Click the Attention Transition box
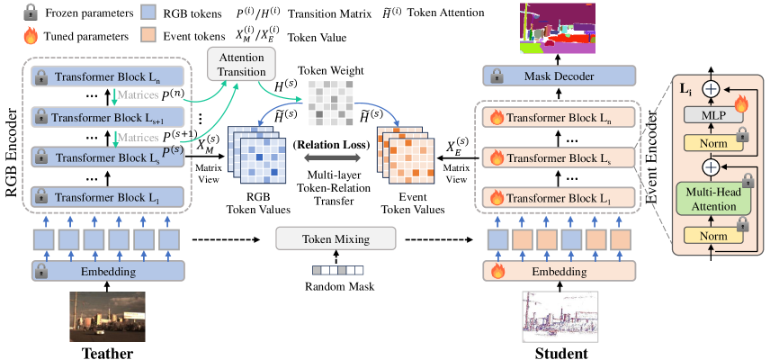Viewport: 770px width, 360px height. pyautogui.click(x=242, y=64)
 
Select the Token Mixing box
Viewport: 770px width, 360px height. pyautogui.click(x=336, y=239)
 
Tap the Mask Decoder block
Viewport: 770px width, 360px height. pyautogui.click(x=560, y=76)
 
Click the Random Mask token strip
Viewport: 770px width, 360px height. pyautogui.click(x=336, y=270)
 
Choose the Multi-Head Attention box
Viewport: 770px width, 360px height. pyautogui.click(x=713, y=198)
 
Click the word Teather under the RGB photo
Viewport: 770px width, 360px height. pyautogui.click(x=106, y=353)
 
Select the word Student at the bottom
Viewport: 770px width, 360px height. pyautogui.click(x=560, y=353)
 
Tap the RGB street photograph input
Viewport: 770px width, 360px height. pyautogui.click(x=108, y=316)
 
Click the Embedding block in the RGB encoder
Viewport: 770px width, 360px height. pyautogui.click(x=108, y=271)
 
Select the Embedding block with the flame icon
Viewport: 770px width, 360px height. pyautogui.click(x=560, y=271)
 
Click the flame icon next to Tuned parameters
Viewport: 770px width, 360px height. pyautogui.click(x=31, y=36)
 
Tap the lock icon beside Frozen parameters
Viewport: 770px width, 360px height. pyautogui.click(x=31, y=13)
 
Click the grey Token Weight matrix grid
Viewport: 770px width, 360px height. pyautogui.click(x=329, y=102)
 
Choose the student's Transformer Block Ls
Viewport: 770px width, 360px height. pyautogui.click(x=560, y=158)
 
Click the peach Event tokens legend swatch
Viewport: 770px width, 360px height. pyautogui.click(x=148, y=36)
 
